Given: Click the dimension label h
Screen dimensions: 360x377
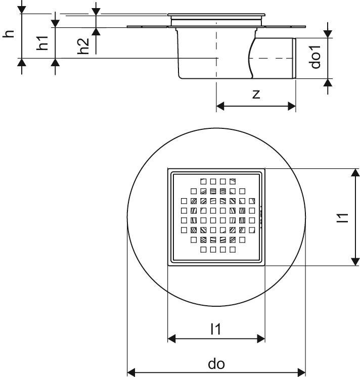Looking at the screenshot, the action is (x=9, y=33).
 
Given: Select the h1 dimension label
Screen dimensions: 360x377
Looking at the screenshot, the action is (x=42, y=43).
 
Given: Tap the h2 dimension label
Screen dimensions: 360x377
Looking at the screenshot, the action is (x=83, y=46).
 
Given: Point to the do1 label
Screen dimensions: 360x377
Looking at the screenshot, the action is (x=315, y=57).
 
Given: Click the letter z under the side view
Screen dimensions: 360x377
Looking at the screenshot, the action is (x=256, y=94).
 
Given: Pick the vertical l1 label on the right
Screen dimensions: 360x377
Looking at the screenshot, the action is (x=342, y=218).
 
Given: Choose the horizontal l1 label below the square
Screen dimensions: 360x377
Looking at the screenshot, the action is (x=216, y=329).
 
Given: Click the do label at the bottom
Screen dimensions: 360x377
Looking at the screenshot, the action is (x=216, y=364).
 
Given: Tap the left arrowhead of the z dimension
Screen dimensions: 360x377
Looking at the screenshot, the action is (x=220, y=106).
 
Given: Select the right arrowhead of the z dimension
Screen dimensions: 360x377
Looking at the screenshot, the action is (x=292, y=106).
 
